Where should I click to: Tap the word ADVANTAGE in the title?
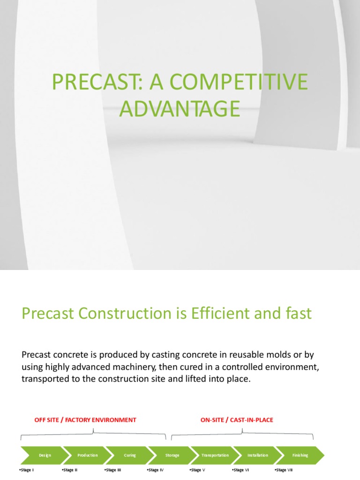click(180, 109)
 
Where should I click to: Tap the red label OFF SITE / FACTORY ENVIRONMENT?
click(85, 420)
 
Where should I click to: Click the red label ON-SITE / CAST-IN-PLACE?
click(237, 420)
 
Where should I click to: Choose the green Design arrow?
click(45, 455)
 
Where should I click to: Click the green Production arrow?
click(88, 455)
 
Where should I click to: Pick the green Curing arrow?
click(130, 455)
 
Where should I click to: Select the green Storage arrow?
click(172, 455)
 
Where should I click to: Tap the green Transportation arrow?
click(215, 455)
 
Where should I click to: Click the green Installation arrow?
click(258, 455)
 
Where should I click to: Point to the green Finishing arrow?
click(300, 455)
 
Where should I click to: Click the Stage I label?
click(27, 470)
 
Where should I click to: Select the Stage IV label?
click(156, 470)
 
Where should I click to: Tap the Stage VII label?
click(284, 470)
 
